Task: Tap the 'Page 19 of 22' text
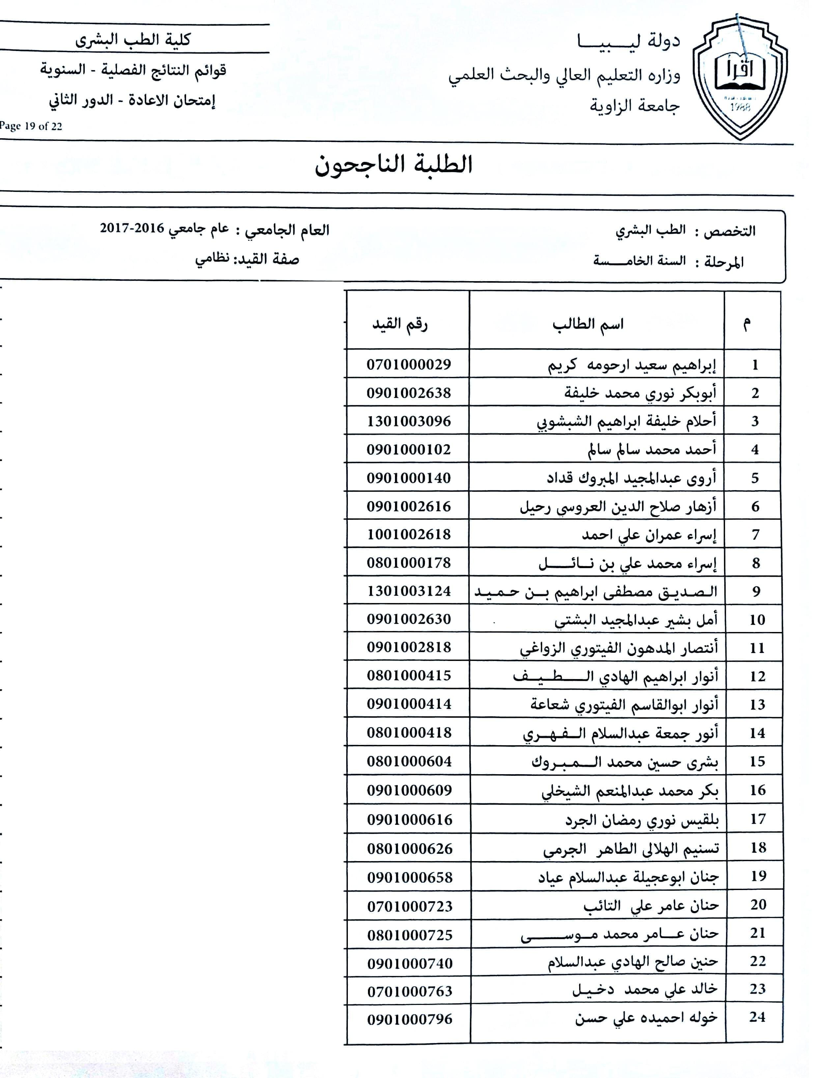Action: coord(31,126)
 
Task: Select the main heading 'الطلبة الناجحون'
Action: coord(394,165)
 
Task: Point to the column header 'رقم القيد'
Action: coord(400,324)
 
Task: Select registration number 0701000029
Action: coord(409,364)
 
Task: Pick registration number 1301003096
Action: coord(409,421)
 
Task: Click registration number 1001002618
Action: coord(409,534)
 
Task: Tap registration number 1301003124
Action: coord(409,591)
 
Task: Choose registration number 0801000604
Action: coord(409,761)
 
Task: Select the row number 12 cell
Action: coord(757,676)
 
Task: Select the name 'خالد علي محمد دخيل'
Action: coord(645,989)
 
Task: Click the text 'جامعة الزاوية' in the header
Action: coord(634,105)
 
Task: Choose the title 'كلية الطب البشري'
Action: coord(133,40)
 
